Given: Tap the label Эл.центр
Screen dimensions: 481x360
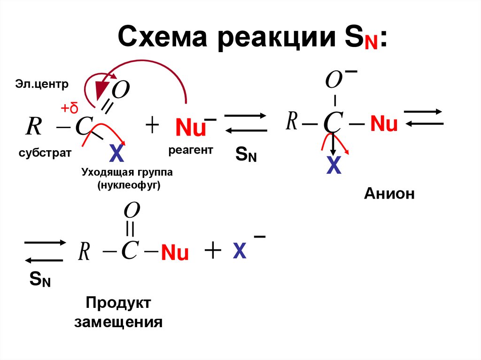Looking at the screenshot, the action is (x=41, y=84).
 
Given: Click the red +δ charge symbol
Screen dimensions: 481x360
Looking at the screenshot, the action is (x=69, y=109).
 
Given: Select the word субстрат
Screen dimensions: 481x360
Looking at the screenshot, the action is (x=45, y=153).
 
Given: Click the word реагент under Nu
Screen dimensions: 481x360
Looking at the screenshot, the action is (x=191, y=150).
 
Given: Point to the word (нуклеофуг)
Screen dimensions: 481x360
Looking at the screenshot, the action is (x=129, y=185).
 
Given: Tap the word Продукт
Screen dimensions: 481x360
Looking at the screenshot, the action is (x=118, y=303).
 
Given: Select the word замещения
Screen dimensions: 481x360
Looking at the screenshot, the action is (x=118, y=322).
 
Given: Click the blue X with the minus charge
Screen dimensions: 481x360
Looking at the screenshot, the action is (x=240, y=253).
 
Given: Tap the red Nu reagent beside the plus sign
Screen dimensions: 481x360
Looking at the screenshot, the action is (x=190, y=128).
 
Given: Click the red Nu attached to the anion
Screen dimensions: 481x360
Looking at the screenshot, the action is (x=384, y=124).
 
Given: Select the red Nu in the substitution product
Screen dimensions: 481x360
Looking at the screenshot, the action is (x=175, y=253).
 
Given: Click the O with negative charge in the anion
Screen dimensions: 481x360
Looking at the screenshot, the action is (x=334, y=81).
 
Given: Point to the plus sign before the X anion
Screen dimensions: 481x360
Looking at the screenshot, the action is (x=212, y=251).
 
